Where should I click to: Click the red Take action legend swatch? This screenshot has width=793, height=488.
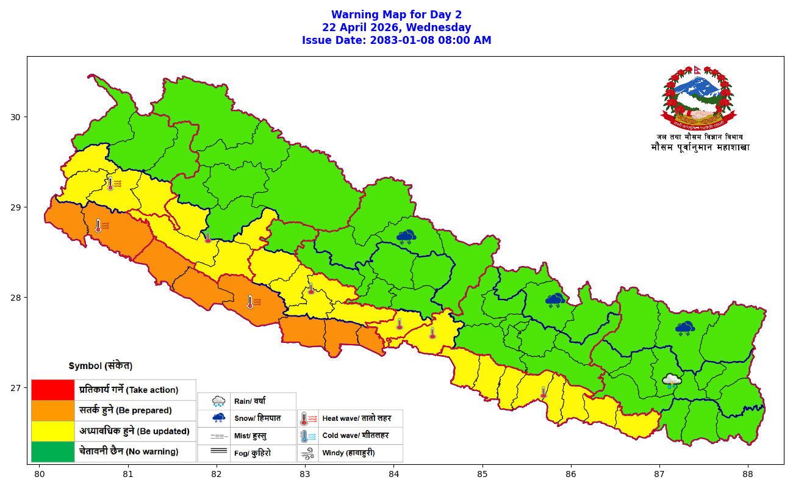52,390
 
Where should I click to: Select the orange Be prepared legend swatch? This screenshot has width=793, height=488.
52,411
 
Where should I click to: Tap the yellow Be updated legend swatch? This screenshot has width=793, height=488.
52,431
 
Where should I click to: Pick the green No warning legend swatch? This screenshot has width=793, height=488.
52,451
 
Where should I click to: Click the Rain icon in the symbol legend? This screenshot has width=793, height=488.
218,401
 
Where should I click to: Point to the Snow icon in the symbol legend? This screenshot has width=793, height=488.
218,418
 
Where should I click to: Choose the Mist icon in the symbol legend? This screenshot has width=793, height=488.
218,436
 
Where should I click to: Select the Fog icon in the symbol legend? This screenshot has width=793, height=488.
218,452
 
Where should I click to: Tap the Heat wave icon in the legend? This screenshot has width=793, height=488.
308,419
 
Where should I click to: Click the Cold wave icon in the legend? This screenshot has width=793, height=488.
308,436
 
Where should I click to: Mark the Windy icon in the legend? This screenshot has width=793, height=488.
308,453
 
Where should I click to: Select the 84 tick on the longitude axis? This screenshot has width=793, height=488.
393,473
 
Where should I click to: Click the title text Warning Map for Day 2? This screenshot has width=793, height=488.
396,15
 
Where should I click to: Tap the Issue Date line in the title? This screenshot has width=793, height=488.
396,40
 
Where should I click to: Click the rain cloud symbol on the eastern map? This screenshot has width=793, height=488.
672,381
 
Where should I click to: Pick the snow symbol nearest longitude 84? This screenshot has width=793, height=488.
406,237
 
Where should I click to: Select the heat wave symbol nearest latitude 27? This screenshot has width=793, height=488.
543,392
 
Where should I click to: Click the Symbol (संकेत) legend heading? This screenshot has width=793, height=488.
100,366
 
